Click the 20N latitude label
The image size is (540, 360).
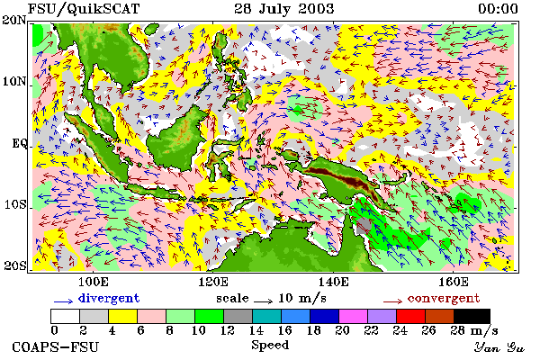point(14,20)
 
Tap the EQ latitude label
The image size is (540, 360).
point(19,142)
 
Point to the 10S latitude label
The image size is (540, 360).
point(14,204)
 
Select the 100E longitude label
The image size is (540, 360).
point(94,282)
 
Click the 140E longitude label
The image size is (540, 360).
point(333,282)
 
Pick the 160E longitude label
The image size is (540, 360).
point(454,282)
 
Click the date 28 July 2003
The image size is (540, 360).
point(284,8)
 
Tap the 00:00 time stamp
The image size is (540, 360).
point(498,9)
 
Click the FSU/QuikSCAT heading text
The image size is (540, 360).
point(84,9)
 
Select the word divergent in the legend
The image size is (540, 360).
point(109,298)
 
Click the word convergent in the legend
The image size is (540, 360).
point(444,298)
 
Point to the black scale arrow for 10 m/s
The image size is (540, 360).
point(263,301)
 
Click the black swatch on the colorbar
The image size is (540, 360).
point(472,316)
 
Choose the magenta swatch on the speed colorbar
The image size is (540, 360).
point(353,316)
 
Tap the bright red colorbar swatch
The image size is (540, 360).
point(410,316)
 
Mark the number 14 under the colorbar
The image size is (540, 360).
point(256,330)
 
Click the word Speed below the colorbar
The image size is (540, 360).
point(270,346)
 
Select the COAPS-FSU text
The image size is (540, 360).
point(56,346)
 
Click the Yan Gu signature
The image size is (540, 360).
point(499,347)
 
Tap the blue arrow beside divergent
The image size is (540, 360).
point(63,301)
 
